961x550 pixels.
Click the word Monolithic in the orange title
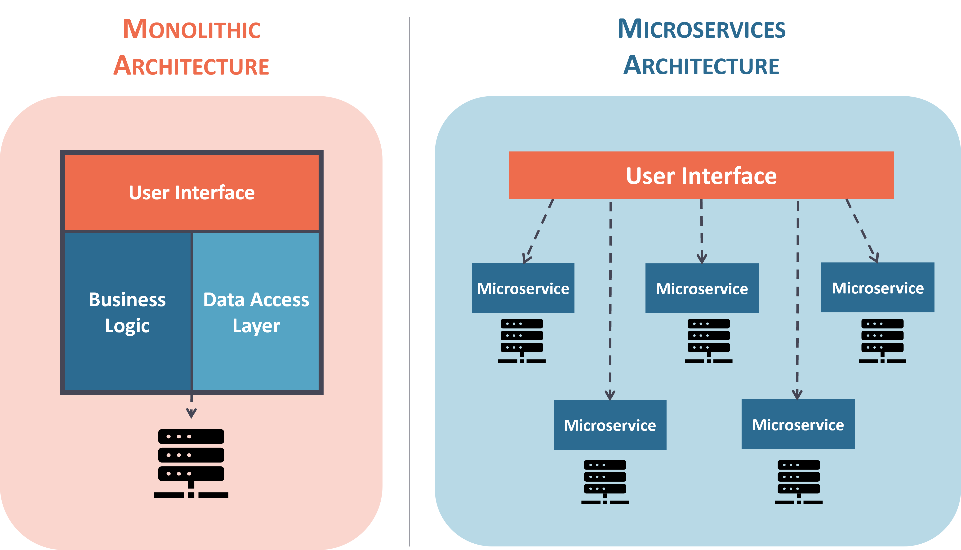pyautogui.click(x=192, y=29)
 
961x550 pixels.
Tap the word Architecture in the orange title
pyautogui.click(x=191, y=66)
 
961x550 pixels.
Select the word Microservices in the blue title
pyautogui.click(x=702, y=29)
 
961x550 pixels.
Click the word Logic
pyautogui.click(x=127, y=326)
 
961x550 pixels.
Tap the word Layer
pyautogui.click(x=256, y=326)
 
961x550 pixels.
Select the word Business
pyautogui.click(x=127, y=300)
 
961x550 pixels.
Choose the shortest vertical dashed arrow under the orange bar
pyautogui.click(x=702, y=231)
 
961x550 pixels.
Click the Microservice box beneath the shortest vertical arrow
pyautogui.click(x=702, y=288)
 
